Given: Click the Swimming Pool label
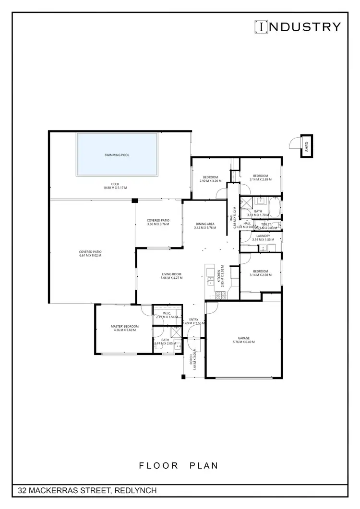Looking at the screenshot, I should (x=117, y=155).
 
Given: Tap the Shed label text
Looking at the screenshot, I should (x=307, y=146).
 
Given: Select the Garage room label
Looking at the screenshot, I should (x=243, y=337).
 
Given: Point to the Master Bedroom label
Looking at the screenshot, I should (x=124, y=326).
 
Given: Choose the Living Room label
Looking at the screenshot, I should (x=170, y=274).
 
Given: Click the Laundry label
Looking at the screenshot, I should (x=263, y=236).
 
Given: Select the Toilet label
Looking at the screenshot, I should (x=266, y=224).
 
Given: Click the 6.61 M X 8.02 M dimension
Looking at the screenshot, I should (x=90, y=256).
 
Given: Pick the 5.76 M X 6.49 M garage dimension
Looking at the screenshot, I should (x=243, y=342).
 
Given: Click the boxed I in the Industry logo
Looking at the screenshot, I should (x=261, y=27).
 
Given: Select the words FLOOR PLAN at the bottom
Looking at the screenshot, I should (x=179, y=465).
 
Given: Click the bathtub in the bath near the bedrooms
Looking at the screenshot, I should (x=274, y=208).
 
